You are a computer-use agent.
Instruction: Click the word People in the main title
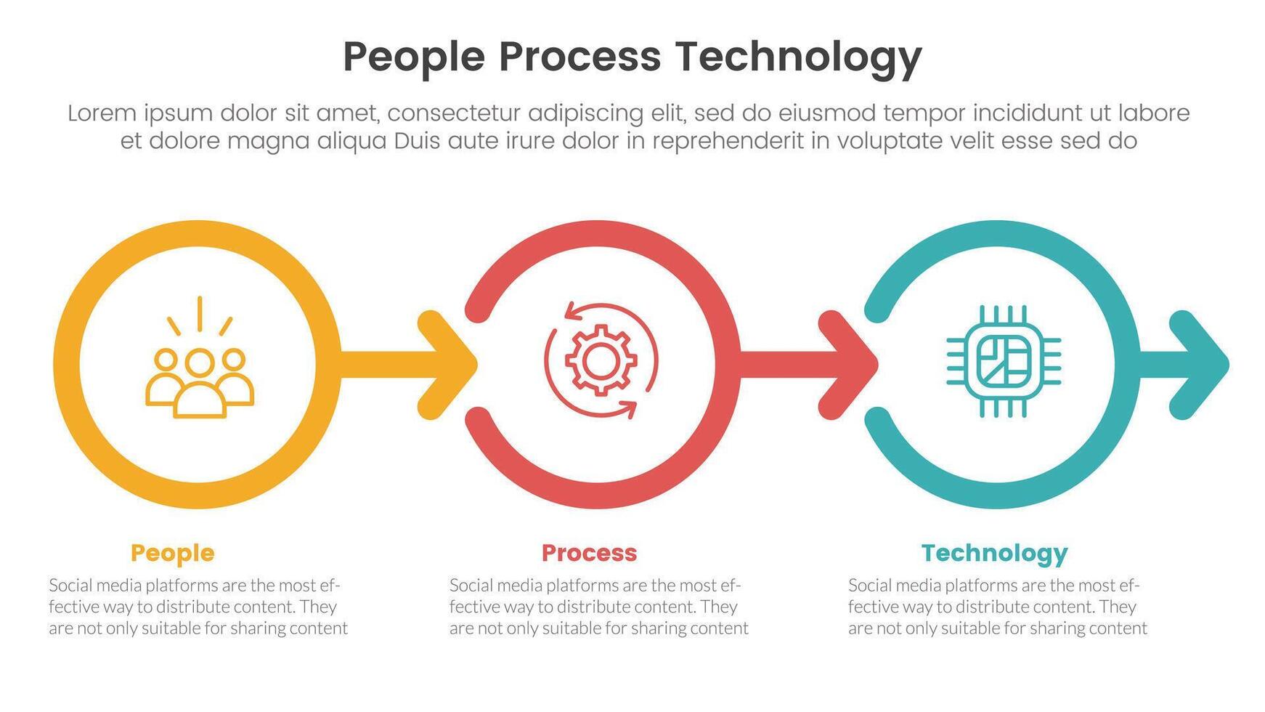pos(413,57)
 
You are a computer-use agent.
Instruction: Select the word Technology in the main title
pos(798,57)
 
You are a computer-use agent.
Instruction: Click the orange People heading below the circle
pos(173,553)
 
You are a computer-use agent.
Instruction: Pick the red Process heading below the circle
pos(589,553)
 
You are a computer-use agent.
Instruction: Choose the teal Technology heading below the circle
pos(994,553)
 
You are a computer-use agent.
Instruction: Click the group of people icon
pos(200,378)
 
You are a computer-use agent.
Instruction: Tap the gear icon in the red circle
pos(601,360)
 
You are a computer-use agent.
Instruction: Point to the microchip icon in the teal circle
pos(1003,361)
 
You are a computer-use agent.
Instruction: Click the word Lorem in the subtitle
pos(102,113)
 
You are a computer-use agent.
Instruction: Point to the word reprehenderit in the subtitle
pos(728,141)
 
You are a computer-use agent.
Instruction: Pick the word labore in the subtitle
pos(1153,113)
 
